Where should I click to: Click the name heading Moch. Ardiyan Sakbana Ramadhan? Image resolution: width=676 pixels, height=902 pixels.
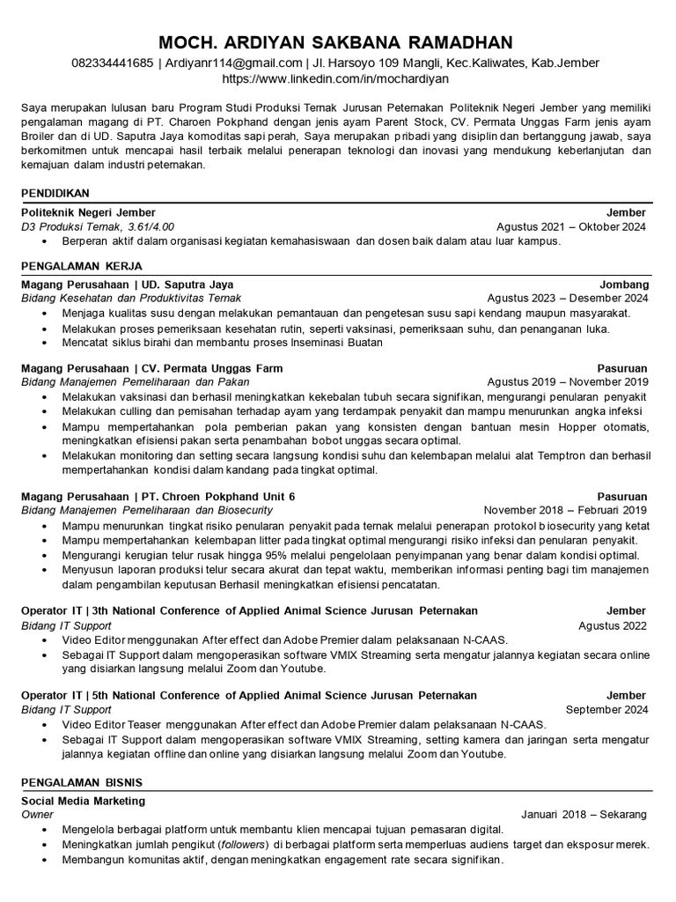338,43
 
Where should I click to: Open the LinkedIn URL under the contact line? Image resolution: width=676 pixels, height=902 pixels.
338,78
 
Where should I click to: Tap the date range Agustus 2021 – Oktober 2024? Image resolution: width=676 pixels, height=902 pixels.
571,226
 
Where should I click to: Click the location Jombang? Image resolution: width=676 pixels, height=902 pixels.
624,285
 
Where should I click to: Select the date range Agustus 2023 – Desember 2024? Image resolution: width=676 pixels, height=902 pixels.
567,299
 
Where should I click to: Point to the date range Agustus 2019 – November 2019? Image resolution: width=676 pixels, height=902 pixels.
567,382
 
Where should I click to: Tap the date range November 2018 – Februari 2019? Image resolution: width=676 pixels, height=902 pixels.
565,510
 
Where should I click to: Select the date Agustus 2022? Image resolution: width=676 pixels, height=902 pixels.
613,625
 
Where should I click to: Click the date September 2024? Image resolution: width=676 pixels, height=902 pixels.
606,709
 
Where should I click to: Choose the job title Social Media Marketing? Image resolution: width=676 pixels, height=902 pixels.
83,801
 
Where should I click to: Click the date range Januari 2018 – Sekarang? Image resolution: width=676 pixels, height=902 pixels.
584,814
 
